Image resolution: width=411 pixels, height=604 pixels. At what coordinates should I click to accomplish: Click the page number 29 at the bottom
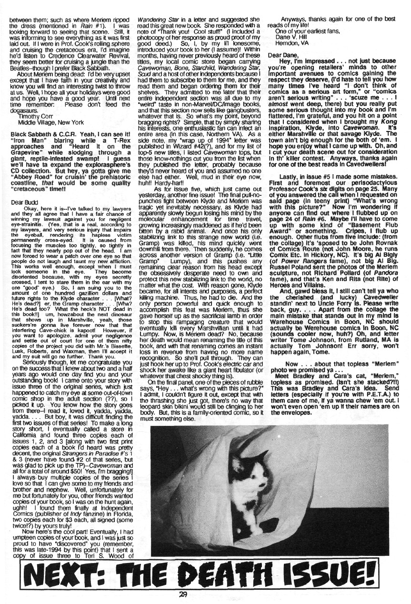click(x=205, y=593)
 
